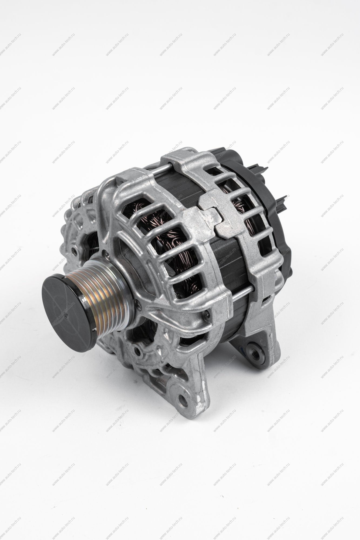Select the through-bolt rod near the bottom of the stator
pos(240,293)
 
